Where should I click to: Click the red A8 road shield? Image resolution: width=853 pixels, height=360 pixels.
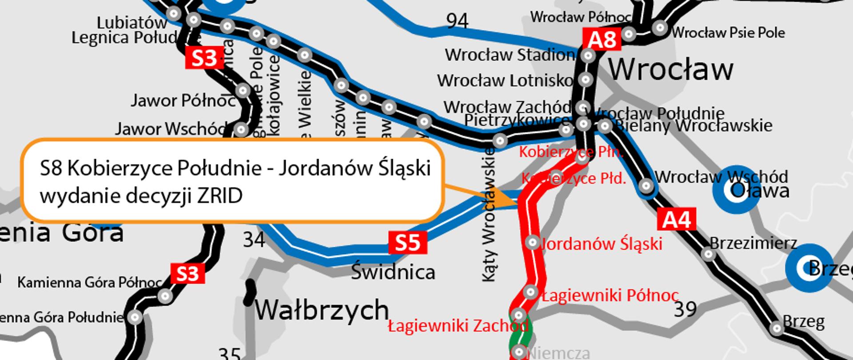[602, 40]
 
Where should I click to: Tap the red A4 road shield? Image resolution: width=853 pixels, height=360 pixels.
[676, 220]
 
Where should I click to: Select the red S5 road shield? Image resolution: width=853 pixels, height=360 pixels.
[407, 243]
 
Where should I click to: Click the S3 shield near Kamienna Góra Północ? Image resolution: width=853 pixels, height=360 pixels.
[187, 274]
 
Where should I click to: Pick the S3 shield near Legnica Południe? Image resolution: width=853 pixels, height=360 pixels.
[204, 58]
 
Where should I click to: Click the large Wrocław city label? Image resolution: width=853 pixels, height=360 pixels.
[670, 70]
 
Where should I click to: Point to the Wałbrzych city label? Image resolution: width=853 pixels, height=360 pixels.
[322, 310]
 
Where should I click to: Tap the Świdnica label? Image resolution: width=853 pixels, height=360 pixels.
[393, 272]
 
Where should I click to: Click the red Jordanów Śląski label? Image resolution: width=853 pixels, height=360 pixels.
[601, 244]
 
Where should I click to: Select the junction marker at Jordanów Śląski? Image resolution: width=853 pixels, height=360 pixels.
[532, 242]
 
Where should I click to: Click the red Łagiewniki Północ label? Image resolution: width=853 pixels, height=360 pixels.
[610, 295]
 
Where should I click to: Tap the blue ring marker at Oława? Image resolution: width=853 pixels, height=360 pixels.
[736, 190]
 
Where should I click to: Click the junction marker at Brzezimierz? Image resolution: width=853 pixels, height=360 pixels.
[708, 255]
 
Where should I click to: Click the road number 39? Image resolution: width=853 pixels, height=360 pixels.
[685, 309]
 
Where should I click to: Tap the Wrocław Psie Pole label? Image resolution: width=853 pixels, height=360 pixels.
[728, 32]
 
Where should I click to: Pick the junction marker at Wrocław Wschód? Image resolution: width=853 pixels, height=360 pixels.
[646, 185]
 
